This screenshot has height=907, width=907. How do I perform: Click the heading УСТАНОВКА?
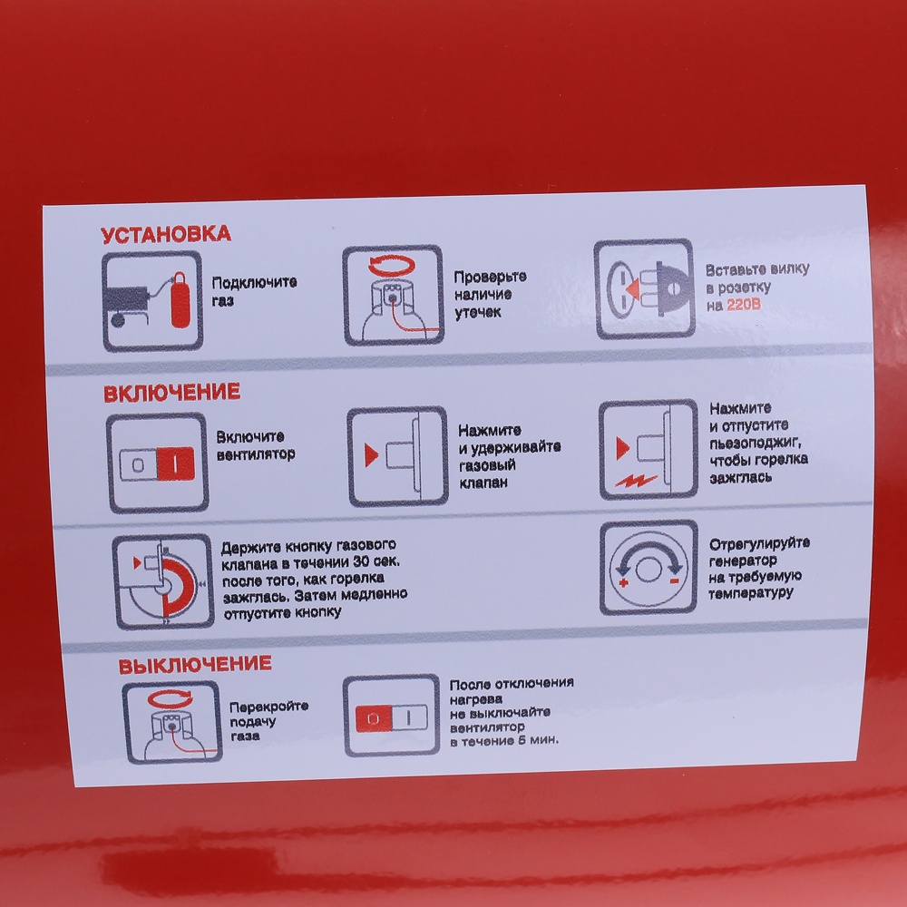[165, 234]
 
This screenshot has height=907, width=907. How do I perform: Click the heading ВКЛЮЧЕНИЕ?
[171, 393]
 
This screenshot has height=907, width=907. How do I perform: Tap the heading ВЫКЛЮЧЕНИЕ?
[195, 665]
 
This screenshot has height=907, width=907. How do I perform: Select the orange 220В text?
[744, 304]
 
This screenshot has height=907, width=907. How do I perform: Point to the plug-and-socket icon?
[644, 288]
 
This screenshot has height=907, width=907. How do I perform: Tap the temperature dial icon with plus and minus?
[648, 568]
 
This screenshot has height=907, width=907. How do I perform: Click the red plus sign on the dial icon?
[624, 582]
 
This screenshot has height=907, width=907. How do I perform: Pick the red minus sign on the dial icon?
[675, 580]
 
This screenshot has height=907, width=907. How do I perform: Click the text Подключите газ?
[254, 291]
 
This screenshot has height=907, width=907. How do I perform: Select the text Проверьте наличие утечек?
[490, 295]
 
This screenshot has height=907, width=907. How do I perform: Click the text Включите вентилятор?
[255, 445]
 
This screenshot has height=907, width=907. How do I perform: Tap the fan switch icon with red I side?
[157, 463]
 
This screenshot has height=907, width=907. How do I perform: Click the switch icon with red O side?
[391, 716]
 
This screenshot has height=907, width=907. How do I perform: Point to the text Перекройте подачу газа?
[268, 721]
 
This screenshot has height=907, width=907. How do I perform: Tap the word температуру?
[750, 593]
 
